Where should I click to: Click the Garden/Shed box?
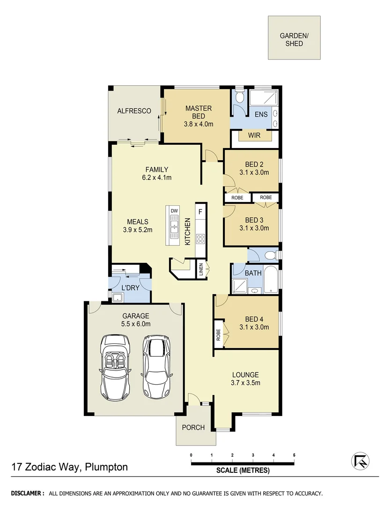pos(294,38)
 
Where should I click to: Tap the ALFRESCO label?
pos(134,111)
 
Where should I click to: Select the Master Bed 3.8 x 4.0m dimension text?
pos(198,124)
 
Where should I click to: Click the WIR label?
pos(254,135)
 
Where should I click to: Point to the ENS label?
pos(261,114)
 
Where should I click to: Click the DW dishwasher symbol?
pos(174,211)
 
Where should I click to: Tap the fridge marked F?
pos(200,211)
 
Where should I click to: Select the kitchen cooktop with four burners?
pos(200,238)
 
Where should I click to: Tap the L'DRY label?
pos(130,288)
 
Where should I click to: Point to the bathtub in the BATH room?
pos(270,280)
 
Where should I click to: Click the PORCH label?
pos(193,427)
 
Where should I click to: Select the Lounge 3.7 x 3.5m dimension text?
pos(245,383)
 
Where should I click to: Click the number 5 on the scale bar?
pos(294,455)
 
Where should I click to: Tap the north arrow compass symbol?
pos(360,461)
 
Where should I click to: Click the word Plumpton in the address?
pos(107,467)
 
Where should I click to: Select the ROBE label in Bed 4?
pos(218,334)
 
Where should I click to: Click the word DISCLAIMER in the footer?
pos(28,493)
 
